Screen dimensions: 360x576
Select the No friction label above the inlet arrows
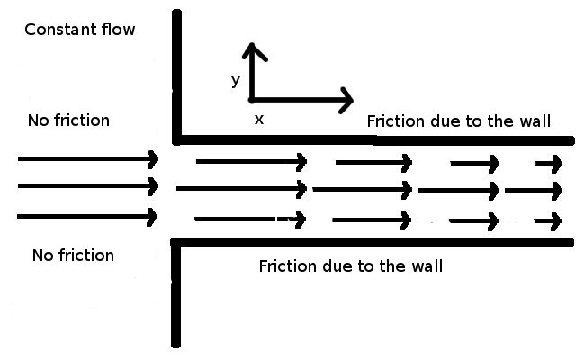click(x=68, y=121)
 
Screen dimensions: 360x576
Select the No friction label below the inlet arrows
click(x=73, y=256)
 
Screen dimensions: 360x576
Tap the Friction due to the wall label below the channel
click(x=350, y=266)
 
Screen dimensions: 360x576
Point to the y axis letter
click(x=235, y=80)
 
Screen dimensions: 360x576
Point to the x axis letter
click(x=259, y=118)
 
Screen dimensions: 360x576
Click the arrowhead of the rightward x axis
click(x=346, y=100)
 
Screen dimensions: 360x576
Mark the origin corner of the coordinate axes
click(x=252, y=99)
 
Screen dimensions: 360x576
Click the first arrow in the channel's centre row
click(x=241, y=189)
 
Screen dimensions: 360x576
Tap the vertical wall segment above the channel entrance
click(x=177, y=72)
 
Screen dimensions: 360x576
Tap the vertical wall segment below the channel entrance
click(x=177, y=297)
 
